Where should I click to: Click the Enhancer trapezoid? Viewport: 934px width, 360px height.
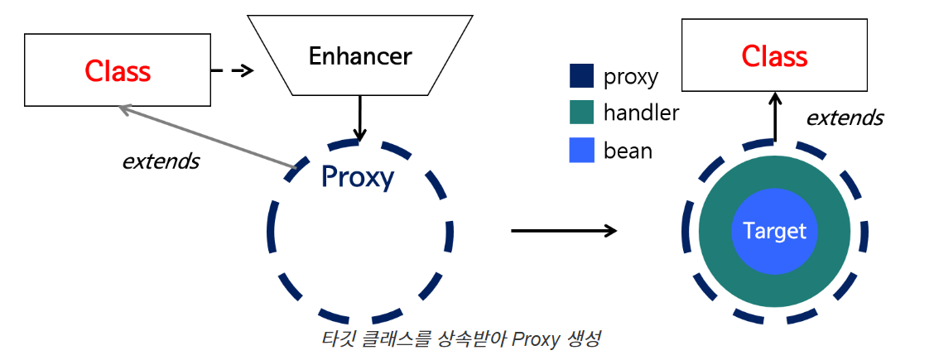tap(359, 55)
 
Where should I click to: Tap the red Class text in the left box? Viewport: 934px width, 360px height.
tap(118, 71)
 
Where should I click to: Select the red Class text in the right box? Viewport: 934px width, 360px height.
tap(774, 56)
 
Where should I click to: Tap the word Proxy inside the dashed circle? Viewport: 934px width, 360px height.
tap(357, 176)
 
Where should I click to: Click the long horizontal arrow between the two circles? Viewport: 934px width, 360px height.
tap(564, 229)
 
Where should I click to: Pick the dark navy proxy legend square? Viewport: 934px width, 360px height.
tap(582, 76)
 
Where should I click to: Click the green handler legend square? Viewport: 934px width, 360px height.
tap(582, 113)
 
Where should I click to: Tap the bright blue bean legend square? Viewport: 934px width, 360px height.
tap(582, 150)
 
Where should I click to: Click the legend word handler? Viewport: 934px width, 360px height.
tap(641, 113)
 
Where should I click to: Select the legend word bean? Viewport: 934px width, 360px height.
tap(628, 151)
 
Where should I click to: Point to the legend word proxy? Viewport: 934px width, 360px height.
tap(631, 77)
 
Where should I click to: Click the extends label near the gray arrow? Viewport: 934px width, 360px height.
tap(161, 161)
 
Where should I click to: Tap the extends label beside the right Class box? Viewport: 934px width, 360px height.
tap(845, 118)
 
